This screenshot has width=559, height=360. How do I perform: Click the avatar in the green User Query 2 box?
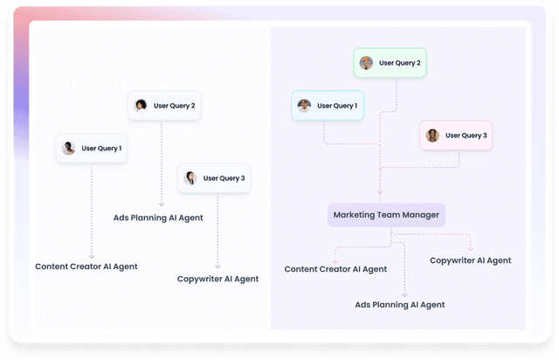pyautogui.click(x=367, y=63)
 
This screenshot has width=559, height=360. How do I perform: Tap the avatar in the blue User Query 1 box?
pyautogui.click(x=304, y=106)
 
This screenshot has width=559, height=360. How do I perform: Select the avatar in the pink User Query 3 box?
pyautogui.click(x=432, y=135)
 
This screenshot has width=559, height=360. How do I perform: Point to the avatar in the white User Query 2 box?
pyautogui.click(x=141, y=106)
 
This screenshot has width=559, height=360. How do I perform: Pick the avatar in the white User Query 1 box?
pyautogui.click(x=69, y=149)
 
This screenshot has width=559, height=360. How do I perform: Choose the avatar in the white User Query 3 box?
pyautogui.click(x=190, y=178)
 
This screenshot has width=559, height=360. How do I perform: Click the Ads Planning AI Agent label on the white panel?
pyautogui.click(x=158, y=218)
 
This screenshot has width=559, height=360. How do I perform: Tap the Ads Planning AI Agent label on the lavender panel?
pyautogui.click(x=400, y=305)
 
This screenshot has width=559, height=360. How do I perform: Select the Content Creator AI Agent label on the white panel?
pyautogui.click(x=86, y=267)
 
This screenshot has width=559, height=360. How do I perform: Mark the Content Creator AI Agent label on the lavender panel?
pyautogui.click(x=335, y=269)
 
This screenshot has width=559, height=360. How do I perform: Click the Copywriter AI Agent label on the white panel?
pyautogui.click(x=217, y=279)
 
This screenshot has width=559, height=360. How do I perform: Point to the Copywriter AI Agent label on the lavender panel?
pyautogui.click(x=471, y=260)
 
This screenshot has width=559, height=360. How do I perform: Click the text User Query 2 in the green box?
pyautogui.click(x=400, y=63)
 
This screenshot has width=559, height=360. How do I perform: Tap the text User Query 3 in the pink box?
pyautogui.click(x=466, y=135)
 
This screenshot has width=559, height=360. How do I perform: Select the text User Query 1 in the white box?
pyautogui.click(x=101, y=149)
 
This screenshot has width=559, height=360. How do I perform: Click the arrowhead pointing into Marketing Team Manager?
pyautogui.click(x=380, y=194)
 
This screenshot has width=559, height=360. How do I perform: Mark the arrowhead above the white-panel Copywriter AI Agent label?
pyautogui.click(x=217, y=267)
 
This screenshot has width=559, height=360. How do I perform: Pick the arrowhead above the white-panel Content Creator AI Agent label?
pyautogui.click(x=92, y=255)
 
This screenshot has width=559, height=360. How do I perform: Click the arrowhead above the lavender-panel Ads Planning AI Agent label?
pyautogui.click(x=404, y=294)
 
